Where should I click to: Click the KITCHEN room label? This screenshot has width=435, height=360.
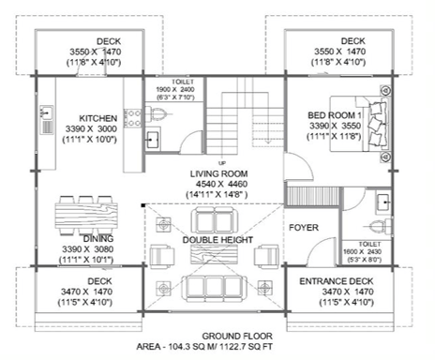coord(98,118)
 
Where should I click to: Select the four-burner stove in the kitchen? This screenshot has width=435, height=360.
coord(133,118)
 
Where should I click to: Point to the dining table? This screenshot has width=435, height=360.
coord(86,215)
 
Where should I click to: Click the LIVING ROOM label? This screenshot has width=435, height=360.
coord(218,173)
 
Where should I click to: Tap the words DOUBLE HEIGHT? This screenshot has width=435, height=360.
coord(217,240)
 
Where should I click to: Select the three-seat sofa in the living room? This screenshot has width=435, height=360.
coord(215,289)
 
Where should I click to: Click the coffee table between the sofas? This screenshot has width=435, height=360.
coord(214,254)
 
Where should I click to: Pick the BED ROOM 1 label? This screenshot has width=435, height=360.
coord(335,115)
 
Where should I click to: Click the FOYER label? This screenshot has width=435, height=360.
coord(304,228)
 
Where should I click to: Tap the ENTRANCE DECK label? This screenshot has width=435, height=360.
coord(337,281)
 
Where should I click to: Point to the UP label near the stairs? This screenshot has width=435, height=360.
coord(222,163)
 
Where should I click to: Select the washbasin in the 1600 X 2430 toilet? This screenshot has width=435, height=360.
coord(382,203)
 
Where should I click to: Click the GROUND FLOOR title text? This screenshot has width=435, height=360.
coord(237,337)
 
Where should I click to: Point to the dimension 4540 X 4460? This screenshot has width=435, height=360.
coord(221,184)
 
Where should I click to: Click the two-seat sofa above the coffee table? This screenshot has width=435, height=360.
coord(215,220)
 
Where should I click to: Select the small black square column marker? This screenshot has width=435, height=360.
coord(143,205)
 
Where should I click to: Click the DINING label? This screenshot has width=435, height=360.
coord(98,239)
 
